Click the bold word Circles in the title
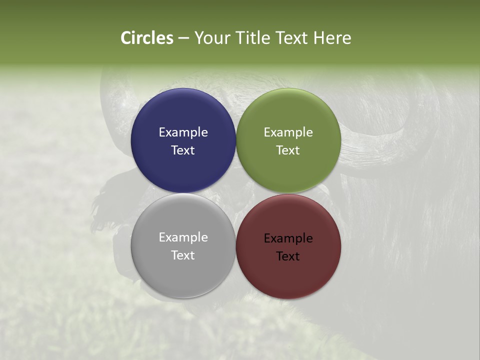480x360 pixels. click(x=146, y=38)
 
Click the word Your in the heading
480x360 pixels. click(x=211, y=38)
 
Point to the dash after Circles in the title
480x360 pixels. click(x=183, y=38)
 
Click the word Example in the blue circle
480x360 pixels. click(x=183, y=132)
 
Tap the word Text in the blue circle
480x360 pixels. click(x=183, y=150)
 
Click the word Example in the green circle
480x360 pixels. click(x=288, y=132)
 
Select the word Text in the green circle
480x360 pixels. click(x=288, y=150)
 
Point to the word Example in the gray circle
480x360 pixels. click(x=183, y=237)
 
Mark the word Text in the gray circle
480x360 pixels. click(x=183, y=255)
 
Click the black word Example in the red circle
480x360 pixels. click(x=288, y=238)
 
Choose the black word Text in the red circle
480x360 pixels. click(x=288, y=256)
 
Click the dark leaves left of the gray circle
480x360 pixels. click(x=107, y=205)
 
